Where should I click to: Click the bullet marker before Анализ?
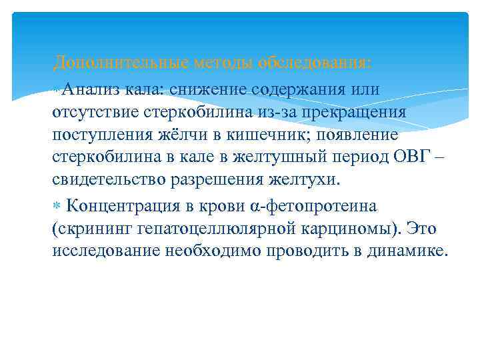point(59,89)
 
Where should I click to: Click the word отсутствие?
point(94,112)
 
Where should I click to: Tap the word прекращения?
point(347,112)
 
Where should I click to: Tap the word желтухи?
point(308,181)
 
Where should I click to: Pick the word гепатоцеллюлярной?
point(207,229)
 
